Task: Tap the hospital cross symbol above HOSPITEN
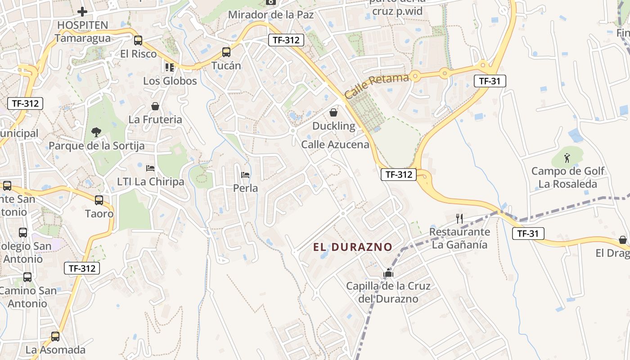tap(82, 11)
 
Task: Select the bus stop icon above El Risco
tap(138, 40)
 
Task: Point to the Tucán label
tap(226, 66)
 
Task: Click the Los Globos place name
tap(170, 81)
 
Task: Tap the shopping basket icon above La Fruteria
tap(155, 106)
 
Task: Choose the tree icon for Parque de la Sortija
tap(96, 132)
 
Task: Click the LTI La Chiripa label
tap(151, 182)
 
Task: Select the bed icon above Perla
tap(245, 175)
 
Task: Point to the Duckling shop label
tap(334, 126)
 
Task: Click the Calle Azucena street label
tap(335, 144)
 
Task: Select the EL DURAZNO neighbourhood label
tap(353, 247)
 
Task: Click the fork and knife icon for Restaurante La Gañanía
tap(459, 219)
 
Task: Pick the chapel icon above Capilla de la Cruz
tap(388, 273)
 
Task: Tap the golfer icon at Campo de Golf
tap(567, 157)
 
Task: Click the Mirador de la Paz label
tap(271, 14)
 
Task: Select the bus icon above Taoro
tap(99, 200)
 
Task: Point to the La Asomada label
tap(55, 350)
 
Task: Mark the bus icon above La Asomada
tap(55, 336)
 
